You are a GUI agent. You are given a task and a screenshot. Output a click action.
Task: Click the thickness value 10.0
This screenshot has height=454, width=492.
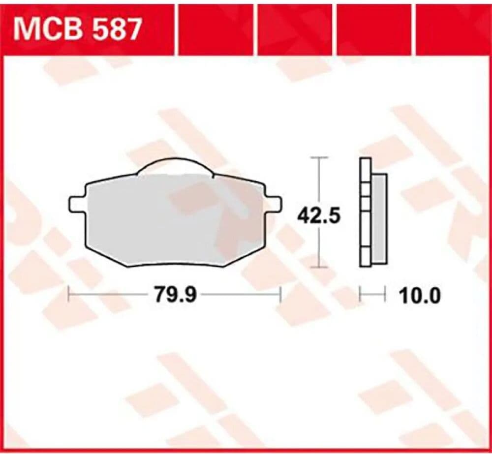pyautogui.click(x=420, y=295)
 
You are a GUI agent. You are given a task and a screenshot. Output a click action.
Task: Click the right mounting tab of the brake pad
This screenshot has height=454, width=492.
pyautogui.click(x=273, y=204)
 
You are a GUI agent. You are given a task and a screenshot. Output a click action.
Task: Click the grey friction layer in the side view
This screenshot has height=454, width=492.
pyautogui.click(x=379, y=219)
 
